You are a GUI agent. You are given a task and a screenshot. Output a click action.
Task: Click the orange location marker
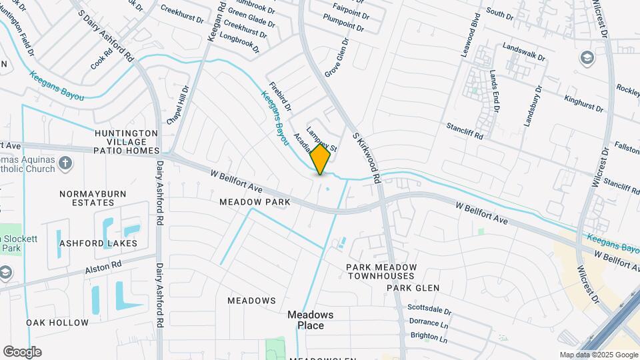pyautogui.click(x=321, y=159)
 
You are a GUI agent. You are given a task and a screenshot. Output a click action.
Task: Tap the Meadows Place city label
pyautogui.click(x=310, y=320)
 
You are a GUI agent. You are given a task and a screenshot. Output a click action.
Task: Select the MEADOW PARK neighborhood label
pyautogui.click(x=255, y=201)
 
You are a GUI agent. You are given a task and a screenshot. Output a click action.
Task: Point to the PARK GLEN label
pyautogui.click(x=413, y=288)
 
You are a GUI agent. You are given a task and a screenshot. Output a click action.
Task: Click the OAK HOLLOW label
pyautogui.click(x=57, y=323)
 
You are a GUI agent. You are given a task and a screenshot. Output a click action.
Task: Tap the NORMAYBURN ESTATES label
pyautogui.click(x=87, y=198)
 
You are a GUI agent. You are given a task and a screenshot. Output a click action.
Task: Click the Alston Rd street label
pyautogui.click(x=103, y=267)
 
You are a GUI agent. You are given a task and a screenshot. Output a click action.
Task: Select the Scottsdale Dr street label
pyautogui.click(x=429, y=311)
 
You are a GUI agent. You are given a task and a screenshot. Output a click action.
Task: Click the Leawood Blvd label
pyautogui.click(x=471, y=34)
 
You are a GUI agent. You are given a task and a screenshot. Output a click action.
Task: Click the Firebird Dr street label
pyautogui.click(x=280, y=96)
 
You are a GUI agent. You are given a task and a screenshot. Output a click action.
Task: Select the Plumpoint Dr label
pyautogui.click(x=343, y=28)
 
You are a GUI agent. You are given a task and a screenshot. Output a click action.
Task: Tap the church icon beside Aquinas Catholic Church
pyautogui.click(x=65, y=163)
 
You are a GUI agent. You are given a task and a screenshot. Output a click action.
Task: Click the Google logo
pyautogui.click(x=22, y=352)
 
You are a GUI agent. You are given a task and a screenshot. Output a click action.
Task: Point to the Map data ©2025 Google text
pyautogui.click(x=598, y=355)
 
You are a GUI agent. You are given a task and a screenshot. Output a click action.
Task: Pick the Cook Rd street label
pyautogui.click(x=97, y=63)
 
